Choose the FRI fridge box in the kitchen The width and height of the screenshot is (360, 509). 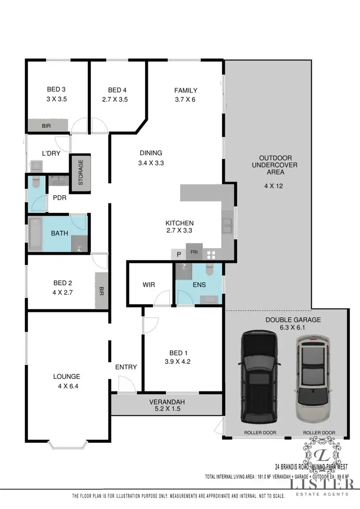point(194,252)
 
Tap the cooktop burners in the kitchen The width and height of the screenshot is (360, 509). point(211,254)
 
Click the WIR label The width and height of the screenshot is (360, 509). point(149,284)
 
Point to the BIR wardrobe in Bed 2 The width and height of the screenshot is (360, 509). point(101,291)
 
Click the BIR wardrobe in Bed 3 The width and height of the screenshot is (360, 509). point(47,126)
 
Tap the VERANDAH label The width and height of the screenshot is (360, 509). point(167,402)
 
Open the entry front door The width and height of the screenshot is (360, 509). point(126,385)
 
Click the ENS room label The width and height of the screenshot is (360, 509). point(199,284)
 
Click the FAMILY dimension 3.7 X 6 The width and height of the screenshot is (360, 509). point(185,100)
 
